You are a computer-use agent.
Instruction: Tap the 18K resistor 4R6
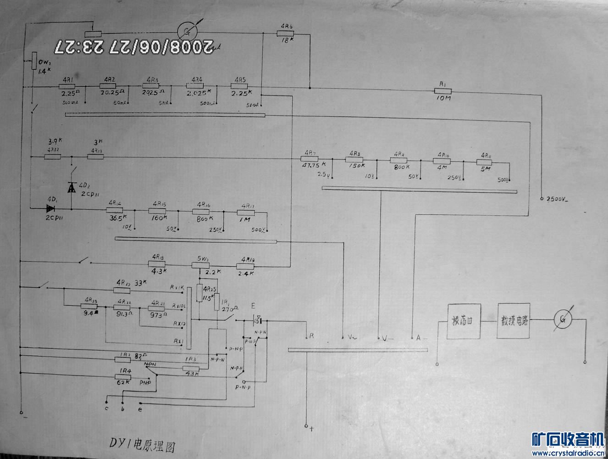coord(286,33)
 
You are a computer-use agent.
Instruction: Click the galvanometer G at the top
coord(187,31)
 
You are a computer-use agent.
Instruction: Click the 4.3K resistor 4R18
coord(156,264)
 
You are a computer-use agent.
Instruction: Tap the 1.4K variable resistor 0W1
coord(34,61)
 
